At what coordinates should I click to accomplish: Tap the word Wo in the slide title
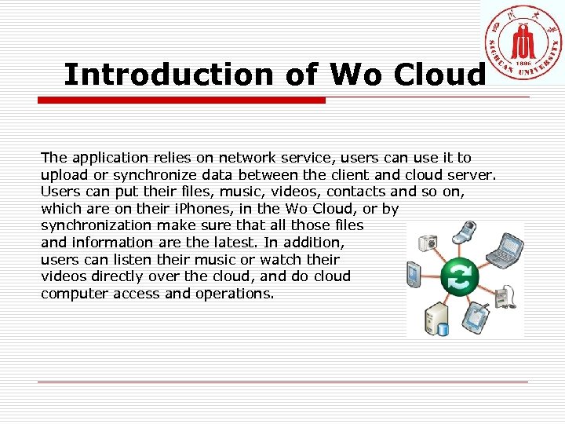coord(356,75)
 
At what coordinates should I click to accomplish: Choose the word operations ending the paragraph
coord(235,294)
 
